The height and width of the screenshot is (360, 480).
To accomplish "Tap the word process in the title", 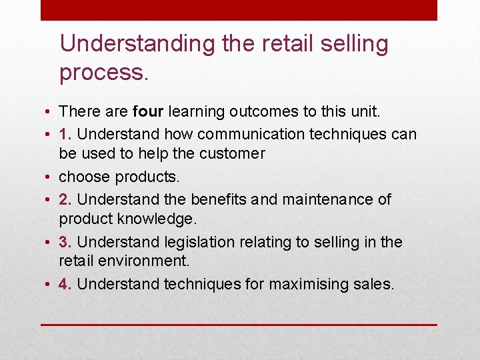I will click(101, 72).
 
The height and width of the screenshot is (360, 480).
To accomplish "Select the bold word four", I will click(148, 111).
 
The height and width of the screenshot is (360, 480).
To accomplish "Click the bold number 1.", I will click(64, 134).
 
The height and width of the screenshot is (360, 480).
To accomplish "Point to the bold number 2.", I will click(65, 199).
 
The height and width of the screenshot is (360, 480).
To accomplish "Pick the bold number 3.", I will click(65, 242).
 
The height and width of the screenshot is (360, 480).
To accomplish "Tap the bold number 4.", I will click(65, 284).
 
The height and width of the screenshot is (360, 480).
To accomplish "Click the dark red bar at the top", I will click(239, 10).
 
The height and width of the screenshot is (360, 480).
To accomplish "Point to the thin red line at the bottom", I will click(239, 325).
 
